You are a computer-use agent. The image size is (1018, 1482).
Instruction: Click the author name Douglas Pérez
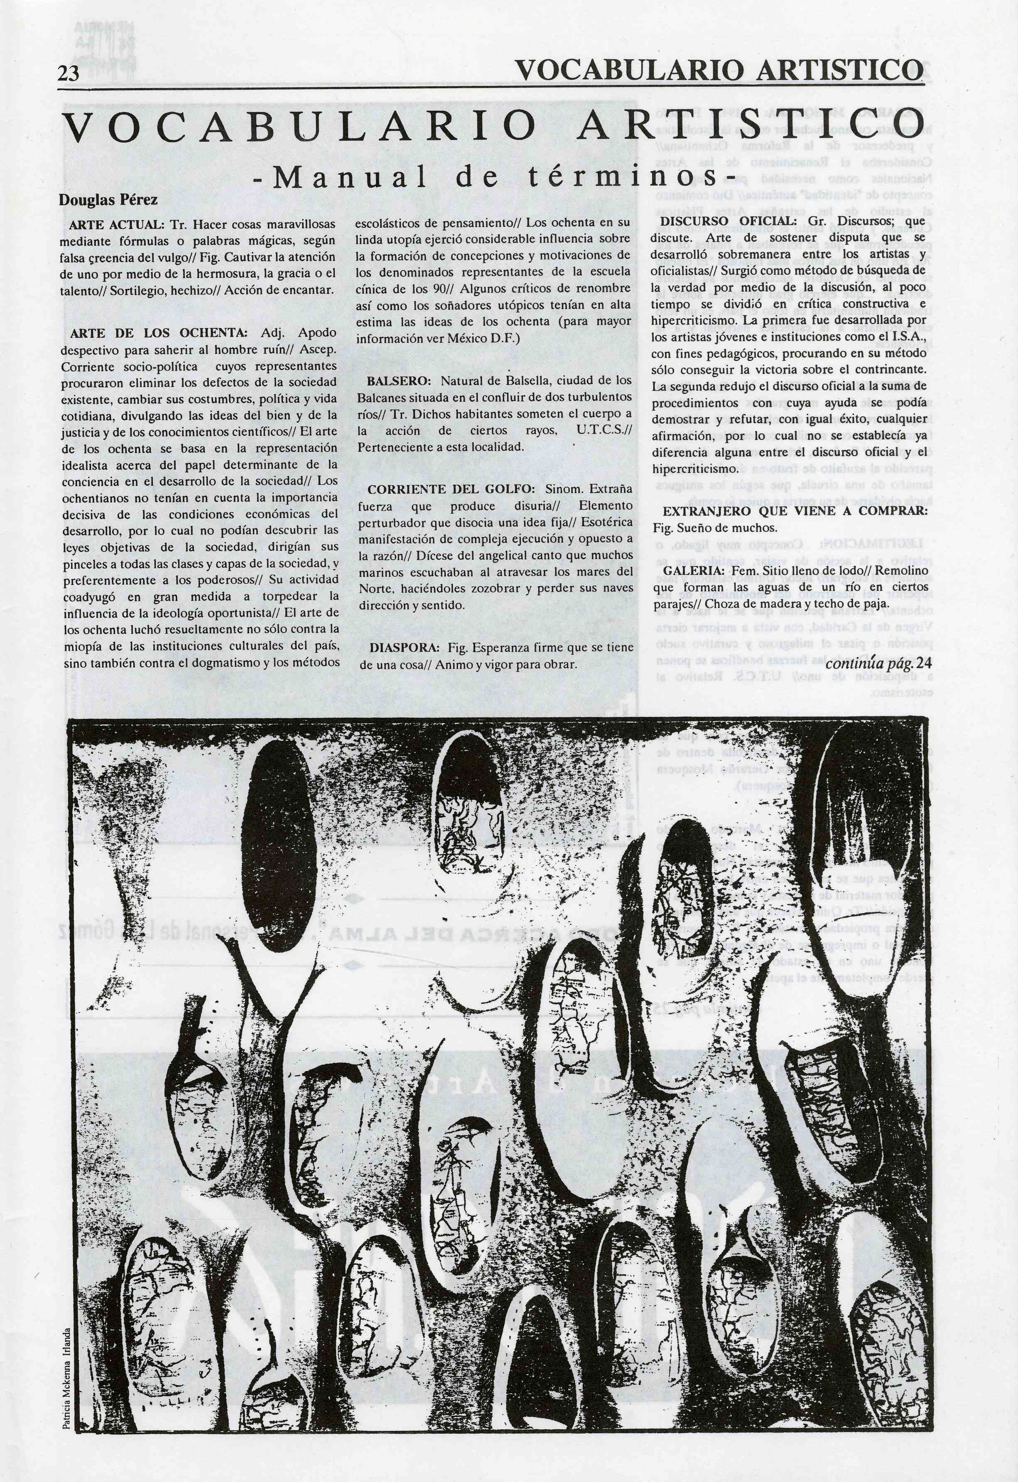click(x=108, y=200)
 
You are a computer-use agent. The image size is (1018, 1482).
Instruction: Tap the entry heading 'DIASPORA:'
click(x=405, y=648)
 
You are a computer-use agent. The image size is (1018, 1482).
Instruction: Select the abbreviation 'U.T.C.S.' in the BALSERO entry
click(x=603, y=430)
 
